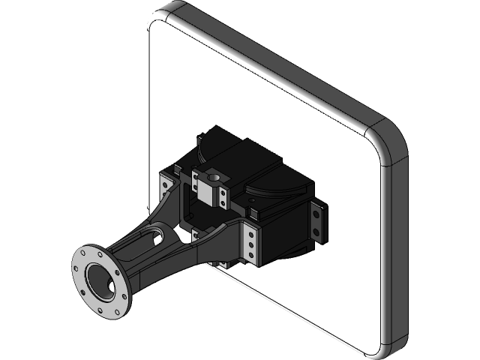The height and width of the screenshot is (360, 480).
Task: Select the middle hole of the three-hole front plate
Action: click(x=250, y=245)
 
